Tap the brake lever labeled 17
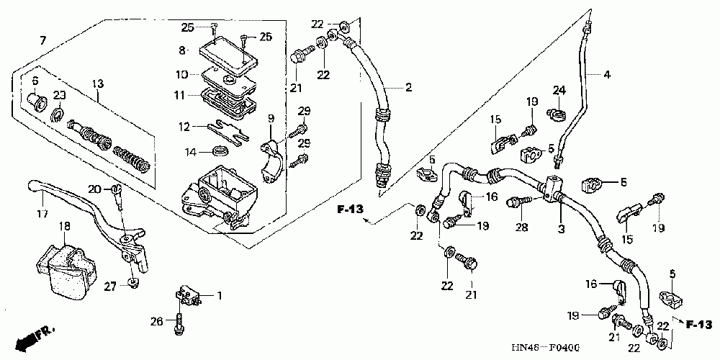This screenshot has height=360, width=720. [x=79, y=205]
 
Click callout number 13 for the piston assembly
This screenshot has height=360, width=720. [x=98, y=84]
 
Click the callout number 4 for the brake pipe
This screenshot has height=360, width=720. [x=606, y=73]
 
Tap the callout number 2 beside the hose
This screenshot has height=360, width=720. [x=408, y=88]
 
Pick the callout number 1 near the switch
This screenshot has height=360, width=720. [x=220, y=295]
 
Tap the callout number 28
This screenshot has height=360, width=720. [x=521, y=228]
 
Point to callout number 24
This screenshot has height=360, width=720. [x=557, y=90]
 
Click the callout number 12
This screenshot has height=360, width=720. [x=184, y=127]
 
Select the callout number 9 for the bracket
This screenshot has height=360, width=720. [x=271, y=118]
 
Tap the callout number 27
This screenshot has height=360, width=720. [x=109, y=286]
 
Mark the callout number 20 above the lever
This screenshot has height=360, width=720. [x=94, y=189]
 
